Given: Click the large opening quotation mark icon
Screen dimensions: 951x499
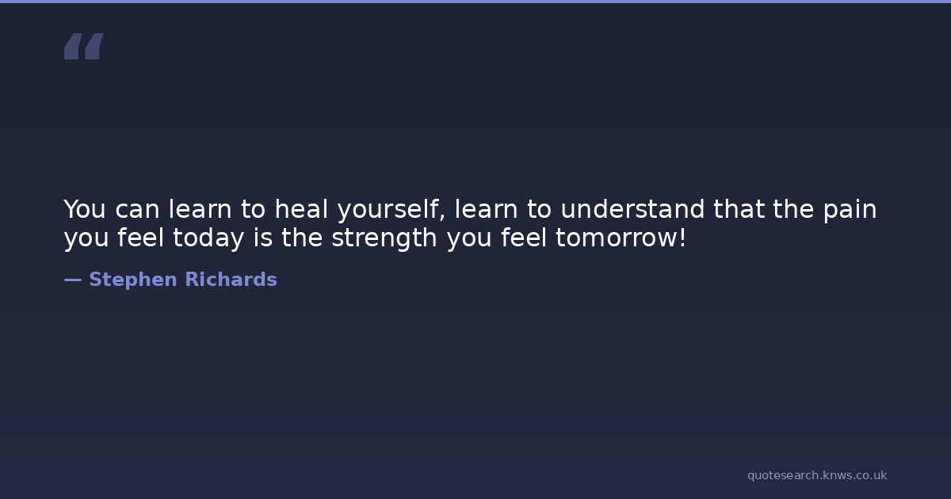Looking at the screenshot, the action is click(84, 46).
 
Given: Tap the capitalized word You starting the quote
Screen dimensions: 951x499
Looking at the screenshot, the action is click(85, 209).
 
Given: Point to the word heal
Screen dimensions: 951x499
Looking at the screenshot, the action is click(301, 209).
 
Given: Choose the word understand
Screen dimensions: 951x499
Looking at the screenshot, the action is click(632, 209).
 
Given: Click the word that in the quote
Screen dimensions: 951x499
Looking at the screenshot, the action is click(739, 209).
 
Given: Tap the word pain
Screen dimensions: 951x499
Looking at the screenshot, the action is click(850, 211).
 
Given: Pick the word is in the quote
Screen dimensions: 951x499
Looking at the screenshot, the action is click(263, 237).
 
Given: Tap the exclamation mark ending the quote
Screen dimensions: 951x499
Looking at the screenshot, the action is click(682, 237).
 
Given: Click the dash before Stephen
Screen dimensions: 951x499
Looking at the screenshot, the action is click(73, 280).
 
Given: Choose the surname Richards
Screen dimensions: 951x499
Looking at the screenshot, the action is click(231, 279).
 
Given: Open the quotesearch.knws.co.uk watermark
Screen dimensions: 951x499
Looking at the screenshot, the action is click(817, 476).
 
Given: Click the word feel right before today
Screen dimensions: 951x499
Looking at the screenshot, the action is click(140, 237).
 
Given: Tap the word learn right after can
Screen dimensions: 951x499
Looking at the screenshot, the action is click(200, 209).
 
